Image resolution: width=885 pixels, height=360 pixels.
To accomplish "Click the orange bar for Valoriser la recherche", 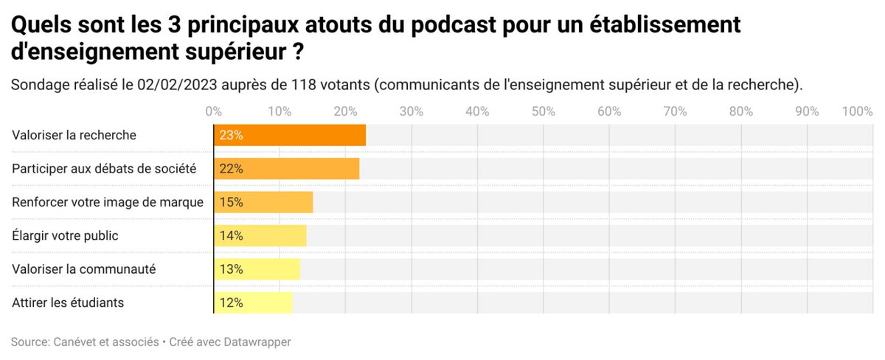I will [x=290, y=136].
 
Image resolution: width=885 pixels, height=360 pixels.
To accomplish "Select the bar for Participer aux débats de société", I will [x=286, y=169].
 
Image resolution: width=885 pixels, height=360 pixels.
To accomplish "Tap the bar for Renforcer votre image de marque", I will [x=263, y=202].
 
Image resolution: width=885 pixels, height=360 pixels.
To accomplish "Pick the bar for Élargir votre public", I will [x=260, y=236].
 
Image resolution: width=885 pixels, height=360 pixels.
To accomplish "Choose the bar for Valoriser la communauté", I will [x=257, y=269].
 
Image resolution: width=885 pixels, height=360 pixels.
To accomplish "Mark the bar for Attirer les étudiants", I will [x=253, y=302].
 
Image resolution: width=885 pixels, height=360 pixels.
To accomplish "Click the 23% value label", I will [x=231, y=136].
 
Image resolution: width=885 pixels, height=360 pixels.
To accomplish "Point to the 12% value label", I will [x=231, y=302].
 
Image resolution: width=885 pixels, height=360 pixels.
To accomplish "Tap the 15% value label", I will [x=231, y=202].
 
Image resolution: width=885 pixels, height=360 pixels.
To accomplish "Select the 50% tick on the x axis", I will [x=543, y=111].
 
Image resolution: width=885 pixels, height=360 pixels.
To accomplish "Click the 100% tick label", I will [x=857, y=111].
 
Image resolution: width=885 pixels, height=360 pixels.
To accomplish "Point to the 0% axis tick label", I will [x=214, y=111].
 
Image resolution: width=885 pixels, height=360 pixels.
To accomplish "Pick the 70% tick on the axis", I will [x=675, y=111].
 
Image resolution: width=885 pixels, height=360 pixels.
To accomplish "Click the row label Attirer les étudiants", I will [x=68, y=302].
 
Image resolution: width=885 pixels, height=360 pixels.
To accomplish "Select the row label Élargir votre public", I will [x=65, y=236].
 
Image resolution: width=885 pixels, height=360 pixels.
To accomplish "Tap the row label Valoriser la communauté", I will [x=83, y=269].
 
